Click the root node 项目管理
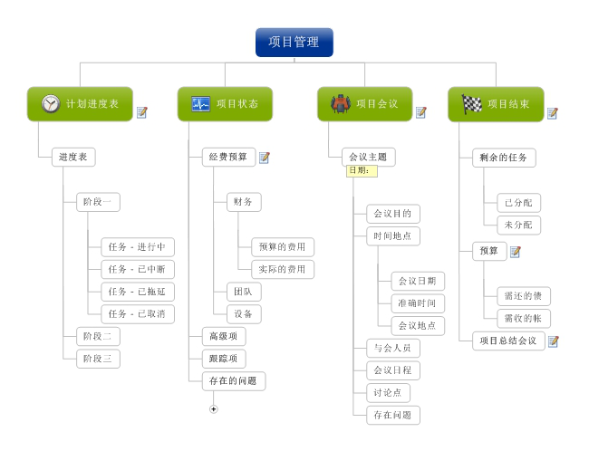tap(294, 42)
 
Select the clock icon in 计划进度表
tap(50, 104)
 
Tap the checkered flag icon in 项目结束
tap(472, 104)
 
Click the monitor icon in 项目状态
tap(200, 104)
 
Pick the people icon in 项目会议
tap(341, 104)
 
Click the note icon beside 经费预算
tap(265, 158)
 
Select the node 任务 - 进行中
tap(137, 247)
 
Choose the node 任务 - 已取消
tap(137, 314)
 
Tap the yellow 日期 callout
tap(362, 171)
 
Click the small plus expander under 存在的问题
tap(214, 409)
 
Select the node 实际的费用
tap(283, 269)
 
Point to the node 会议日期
tap(418, 281)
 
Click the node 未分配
tap(518, 225)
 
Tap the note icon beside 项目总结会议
tap(554, 341)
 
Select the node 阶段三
tap(97, 359)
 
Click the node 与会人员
tap(392, 348)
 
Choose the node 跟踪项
tap(223, 359)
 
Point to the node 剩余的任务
tap(504, 158)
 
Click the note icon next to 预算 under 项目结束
tap(516, 252)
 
